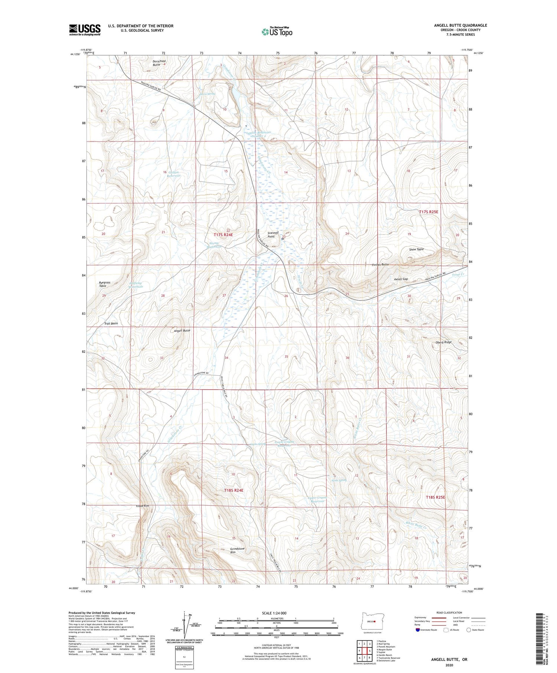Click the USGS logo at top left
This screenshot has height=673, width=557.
pyautogui.click(x=85, y=29)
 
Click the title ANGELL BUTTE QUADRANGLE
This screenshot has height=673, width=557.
pyautogui.click(x=460, y=25)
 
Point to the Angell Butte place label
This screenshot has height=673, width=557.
pyautogui.click(x=182, y=330)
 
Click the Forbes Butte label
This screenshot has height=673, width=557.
pyautogui.click(x=380, y=265)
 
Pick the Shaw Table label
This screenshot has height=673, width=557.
pyautogui.click(x=416, y=249)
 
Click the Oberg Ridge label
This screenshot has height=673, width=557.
pyautogui.click(x=444, y=342)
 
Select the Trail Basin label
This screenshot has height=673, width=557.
pyautogui.click(x=111, y=324)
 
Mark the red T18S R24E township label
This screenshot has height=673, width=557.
pyautogui.click(x=234, y=490)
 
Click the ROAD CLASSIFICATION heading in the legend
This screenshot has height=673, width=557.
pyautogui.click(x=449, y=612)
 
